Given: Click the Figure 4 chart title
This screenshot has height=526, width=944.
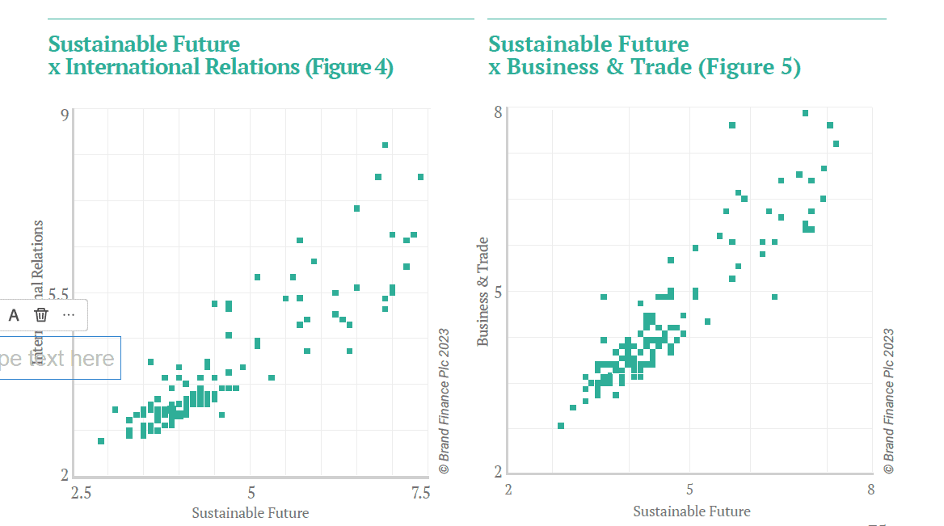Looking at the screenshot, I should (221, 55).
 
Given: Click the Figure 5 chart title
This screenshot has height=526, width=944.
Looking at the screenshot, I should (644, 55).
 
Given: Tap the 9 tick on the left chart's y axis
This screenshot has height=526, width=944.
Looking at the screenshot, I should (65, 115).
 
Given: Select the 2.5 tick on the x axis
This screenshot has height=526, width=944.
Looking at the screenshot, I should (81, 492).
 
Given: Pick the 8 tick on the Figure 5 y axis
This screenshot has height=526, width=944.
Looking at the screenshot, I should (499, 112).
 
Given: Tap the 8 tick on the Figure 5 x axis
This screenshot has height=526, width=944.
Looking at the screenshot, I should (870, 490).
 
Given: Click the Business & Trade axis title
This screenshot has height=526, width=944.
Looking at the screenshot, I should (483, 292).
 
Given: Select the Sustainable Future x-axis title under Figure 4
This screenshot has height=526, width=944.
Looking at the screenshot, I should (250, 512).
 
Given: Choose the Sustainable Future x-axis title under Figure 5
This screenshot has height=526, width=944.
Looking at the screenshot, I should (691, 511).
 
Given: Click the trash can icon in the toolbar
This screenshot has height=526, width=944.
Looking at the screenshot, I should (41, 315).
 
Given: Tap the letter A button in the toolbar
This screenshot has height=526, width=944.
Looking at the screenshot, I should (14, 315).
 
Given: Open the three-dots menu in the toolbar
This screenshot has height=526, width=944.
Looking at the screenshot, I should (69, 315).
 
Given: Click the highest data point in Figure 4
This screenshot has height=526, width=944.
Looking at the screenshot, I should (386, 145).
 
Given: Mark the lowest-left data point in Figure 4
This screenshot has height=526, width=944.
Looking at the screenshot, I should (101, 441).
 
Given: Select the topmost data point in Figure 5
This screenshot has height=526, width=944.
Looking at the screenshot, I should (805, 113).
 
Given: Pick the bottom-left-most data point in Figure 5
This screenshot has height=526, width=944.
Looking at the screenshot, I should (561, 426).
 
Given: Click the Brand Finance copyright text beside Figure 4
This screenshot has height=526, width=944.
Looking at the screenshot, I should (444, 400).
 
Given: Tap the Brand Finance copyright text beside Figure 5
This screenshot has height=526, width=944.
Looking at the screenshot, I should (889, 400).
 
